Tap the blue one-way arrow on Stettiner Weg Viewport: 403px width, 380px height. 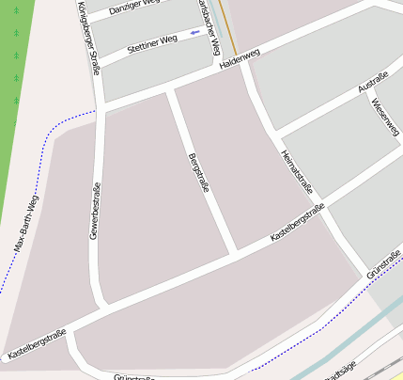click(194, 33)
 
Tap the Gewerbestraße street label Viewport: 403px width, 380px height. click(95, 212)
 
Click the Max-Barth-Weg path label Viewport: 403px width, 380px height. click(27, 223)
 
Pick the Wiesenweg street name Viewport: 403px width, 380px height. click(385, 117)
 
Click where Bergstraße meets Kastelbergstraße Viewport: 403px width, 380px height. click(233, 252)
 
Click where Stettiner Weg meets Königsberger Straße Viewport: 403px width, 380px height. click(98, 63)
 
